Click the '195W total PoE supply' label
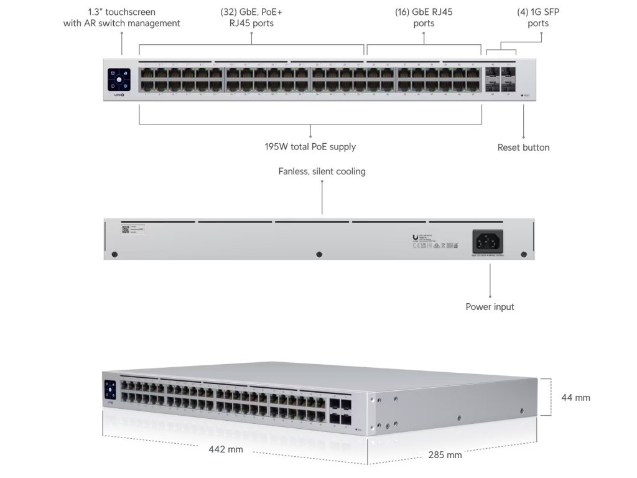(x=310, y=147)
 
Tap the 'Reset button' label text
(x=523, y=148)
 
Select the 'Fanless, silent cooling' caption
(x=322, y=171)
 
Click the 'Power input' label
(x=490, y=307)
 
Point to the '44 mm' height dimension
(x=575, y=397)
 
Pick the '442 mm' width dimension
(x=226, y=449)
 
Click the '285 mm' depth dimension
(x=445, y=455)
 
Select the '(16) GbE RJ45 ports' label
(x=424, y=17)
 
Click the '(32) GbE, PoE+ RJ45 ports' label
(x=251, y=17)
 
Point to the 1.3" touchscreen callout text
(x=122, y=17)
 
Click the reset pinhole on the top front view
(x=521, y=95)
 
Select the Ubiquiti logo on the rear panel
(x=416, y=237)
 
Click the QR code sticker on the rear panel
(x=124, y=229)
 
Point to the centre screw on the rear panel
(x=319, y=254)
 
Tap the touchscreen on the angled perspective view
(x=111, y=391)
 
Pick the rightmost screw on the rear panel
(x=523, y=254)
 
